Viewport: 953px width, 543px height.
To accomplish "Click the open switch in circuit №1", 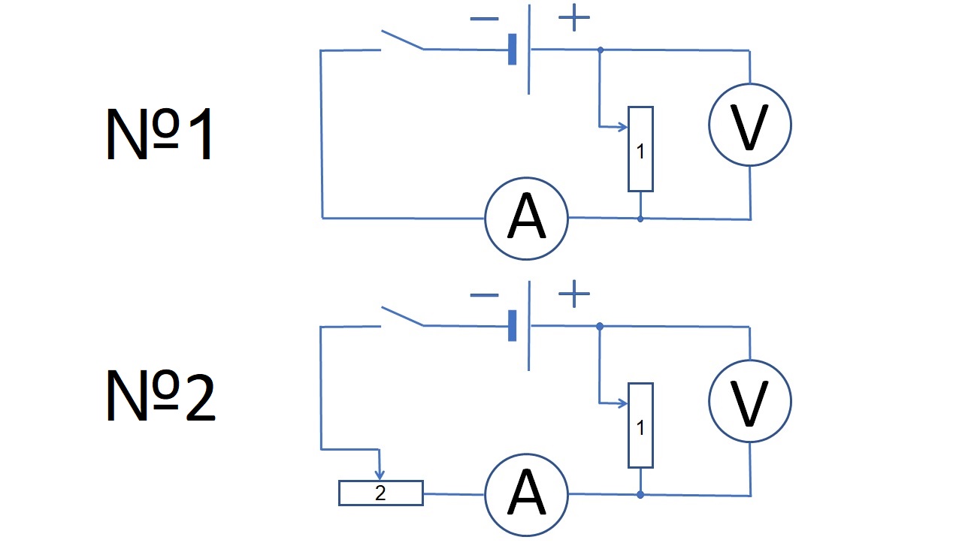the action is pos(402,40).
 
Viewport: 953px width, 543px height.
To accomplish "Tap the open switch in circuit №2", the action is pos(402,316).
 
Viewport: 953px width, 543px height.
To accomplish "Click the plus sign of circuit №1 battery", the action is pos(574,17).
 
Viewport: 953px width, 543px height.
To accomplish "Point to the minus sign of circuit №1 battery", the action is pos(484,19).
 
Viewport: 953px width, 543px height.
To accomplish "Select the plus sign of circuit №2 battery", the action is pos(574,294).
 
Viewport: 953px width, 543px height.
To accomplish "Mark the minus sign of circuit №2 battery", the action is pos(484,295).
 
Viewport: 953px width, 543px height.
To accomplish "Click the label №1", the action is pos(159,134).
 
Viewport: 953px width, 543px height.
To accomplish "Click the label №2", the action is pos(161,396).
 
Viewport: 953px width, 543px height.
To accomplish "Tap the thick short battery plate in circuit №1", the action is pos(513,50).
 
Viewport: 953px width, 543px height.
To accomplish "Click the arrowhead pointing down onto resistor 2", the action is pos(380,475).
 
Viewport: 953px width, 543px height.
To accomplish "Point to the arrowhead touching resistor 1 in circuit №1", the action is pos(622,127).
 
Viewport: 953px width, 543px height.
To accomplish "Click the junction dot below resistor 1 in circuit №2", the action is pos(640,495).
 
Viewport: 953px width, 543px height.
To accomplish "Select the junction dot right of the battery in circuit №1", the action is pos(601,50).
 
